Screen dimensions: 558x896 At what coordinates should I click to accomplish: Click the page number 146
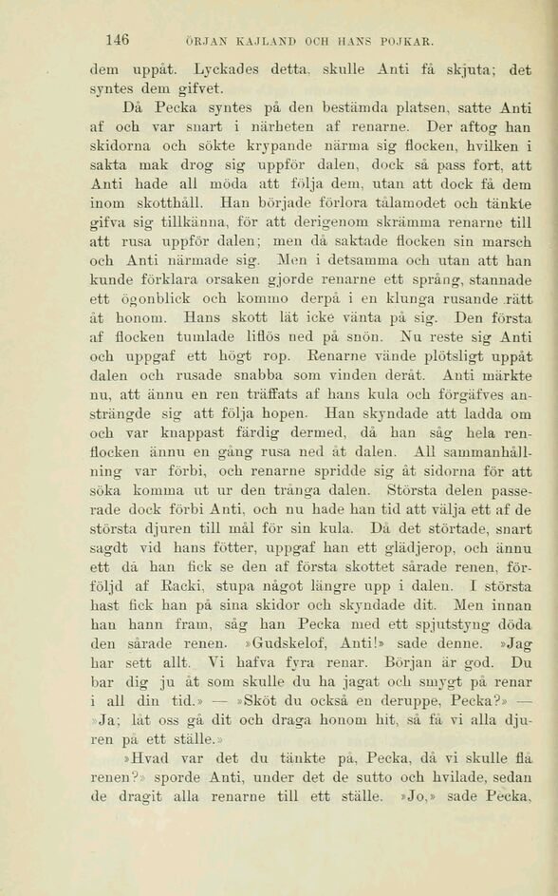point(118,40)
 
